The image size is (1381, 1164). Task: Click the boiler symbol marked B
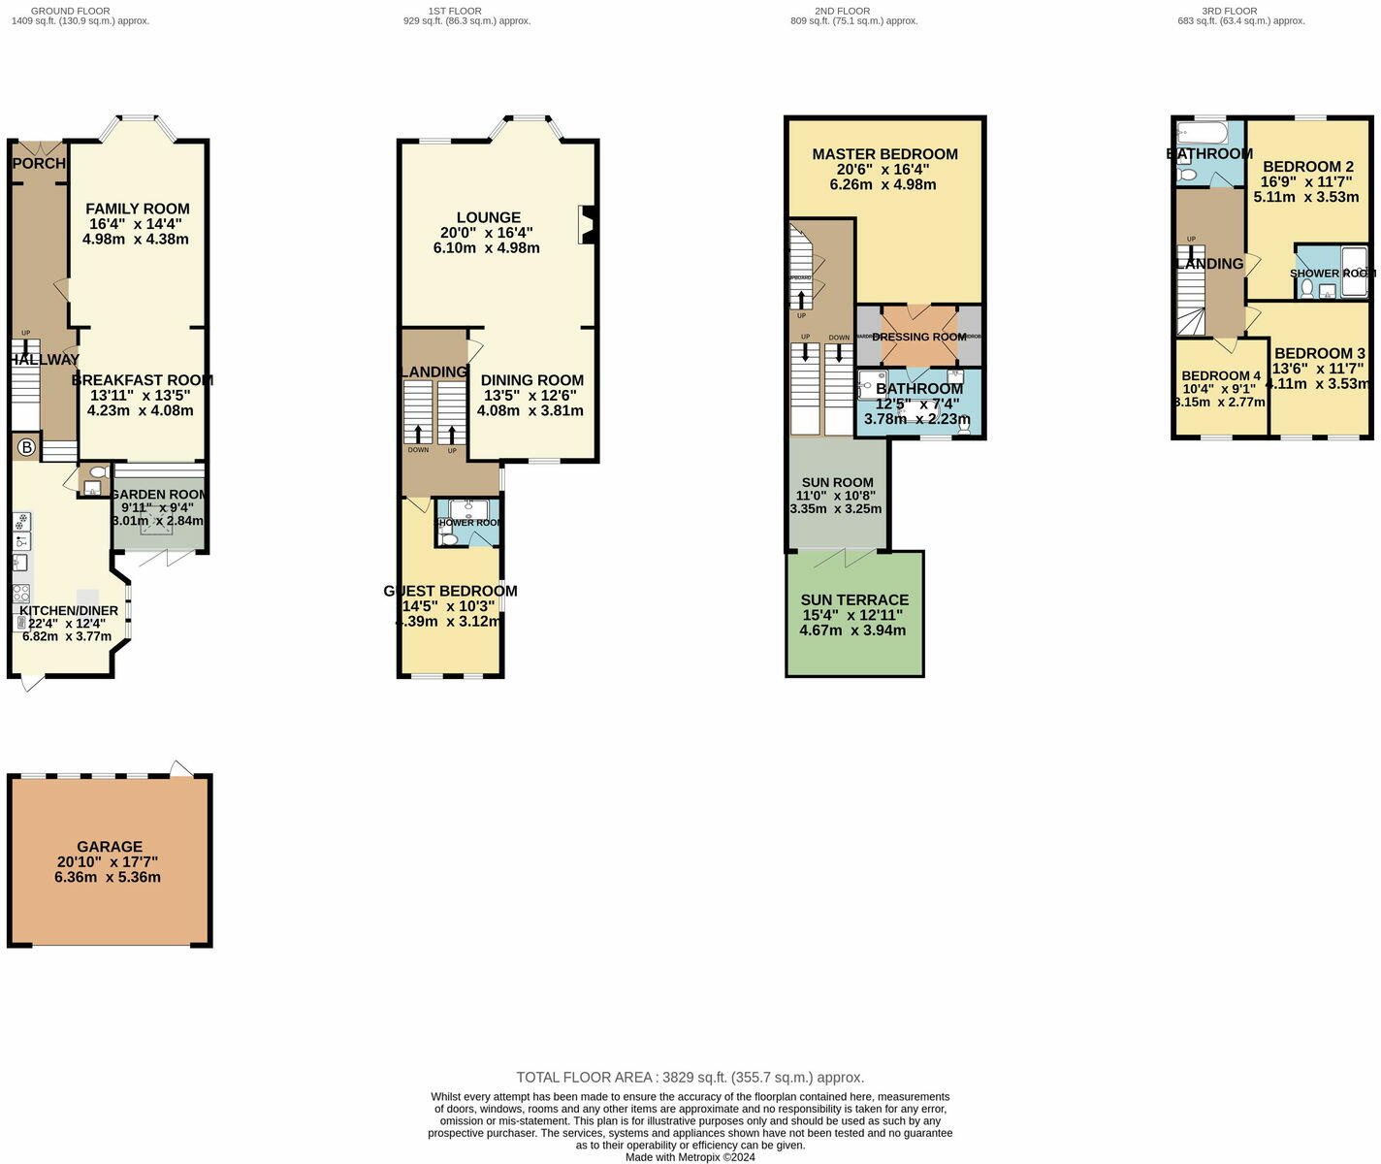[27, 447]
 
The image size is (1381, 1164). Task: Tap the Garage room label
[110, 847]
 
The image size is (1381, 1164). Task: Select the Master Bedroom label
[884, 154]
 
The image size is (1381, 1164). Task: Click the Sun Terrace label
[854, 600]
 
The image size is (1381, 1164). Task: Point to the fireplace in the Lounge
[586, 225]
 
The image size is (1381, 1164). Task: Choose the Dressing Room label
[918, 337]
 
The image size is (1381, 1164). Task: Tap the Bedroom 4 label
[1221, 376]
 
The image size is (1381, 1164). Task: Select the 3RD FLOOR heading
[1229, 11]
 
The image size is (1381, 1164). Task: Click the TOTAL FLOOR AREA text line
[690, 1078]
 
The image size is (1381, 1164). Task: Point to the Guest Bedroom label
[450, 591]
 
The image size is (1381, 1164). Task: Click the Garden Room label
[158, 495]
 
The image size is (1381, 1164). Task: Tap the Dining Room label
[531, 380]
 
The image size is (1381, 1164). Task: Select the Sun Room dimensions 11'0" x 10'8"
[835, 496]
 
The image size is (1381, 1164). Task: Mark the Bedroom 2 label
[1307, 167]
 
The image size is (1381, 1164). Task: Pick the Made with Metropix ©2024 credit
[690, 1157]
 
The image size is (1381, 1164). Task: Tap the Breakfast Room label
[142, 380]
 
